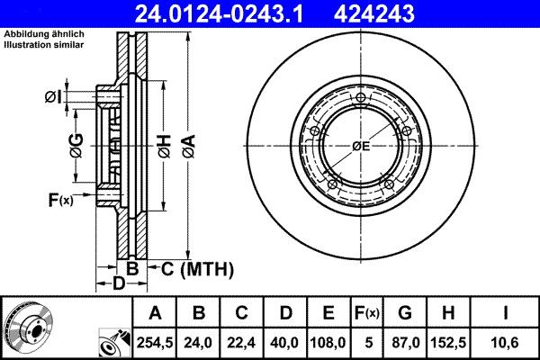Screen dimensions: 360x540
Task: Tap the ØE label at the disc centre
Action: click(x=361, y=145)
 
